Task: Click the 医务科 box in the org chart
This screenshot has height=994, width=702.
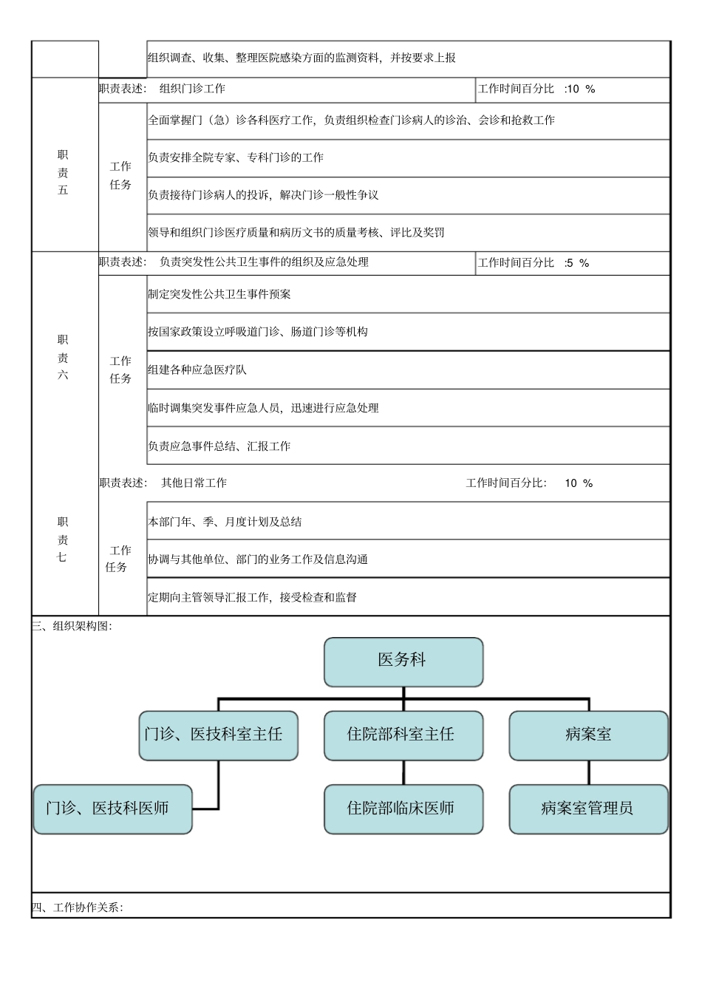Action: pos(403,661)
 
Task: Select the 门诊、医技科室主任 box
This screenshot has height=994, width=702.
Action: pos(218,735)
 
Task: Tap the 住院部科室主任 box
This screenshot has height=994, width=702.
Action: pos(403,735)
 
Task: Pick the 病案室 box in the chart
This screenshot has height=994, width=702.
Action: pos(588,735)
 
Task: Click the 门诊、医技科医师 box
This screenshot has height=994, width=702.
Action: pos(112,809)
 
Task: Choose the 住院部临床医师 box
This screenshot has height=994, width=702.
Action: pos(403,809)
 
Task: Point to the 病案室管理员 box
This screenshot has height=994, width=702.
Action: pos(588,809)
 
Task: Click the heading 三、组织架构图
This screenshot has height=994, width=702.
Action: pos(72,626)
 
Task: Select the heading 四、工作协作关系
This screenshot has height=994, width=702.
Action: pos(78,908)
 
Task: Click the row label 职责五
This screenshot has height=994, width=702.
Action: pos(64,172)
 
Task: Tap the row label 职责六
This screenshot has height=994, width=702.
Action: pos(64,357)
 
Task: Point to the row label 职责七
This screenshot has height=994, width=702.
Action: pos(64,539)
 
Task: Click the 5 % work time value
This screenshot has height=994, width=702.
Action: pos(577,263)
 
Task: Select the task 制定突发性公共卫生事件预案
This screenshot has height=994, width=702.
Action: pos(219,294)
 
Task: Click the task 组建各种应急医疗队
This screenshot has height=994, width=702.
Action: pos(197,370)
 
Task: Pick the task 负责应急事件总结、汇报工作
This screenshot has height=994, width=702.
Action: pos(219,446)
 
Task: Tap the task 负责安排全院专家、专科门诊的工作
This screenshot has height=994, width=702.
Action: pos(236,157)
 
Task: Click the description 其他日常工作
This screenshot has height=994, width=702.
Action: pos(194,483)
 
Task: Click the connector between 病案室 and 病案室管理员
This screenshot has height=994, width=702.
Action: pos(588,772)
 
